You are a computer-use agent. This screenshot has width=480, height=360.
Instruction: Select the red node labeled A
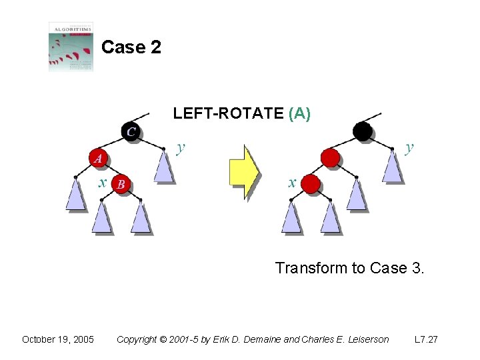pyautogui.click(x=98, y=158)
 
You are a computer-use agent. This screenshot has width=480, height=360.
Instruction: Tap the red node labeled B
pyautogui.click(x=121, y=184)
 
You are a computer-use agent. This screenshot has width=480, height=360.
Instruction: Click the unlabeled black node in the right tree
pyautogui.click(x=363, y=131)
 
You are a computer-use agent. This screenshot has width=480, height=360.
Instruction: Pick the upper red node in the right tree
pyautogui.click(x=330, y=158)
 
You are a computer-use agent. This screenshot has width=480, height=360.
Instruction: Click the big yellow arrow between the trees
pyautogui.click(x=243, y=173)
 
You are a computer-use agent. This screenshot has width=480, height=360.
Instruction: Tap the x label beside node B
pyautogui.click(x=103, y=182)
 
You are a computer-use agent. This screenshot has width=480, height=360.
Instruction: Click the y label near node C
pyautogui.click(x=180, y=147)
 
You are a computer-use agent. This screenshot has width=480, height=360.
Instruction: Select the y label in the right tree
pyautogui.click(x=409, y=147)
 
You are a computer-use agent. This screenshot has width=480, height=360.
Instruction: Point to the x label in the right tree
pyautogui.click(x=292, y=182)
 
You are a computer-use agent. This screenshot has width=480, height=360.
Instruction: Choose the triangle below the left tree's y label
pyautogui.click(x=164, y=167)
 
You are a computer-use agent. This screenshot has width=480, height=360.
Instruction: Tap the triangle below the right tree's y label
pyautogui.click(x=393, y=167)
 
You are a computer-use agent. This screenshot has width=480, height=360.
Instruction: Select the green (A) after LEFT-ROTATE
pyautogui.click(x=300, y=114)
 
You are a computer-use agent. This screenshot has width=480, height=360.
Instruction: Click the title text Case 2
pyautogui.click(x=131, y=47)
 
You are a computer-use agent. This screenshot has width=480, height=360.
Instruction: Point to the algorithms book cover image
pyautogui.click(x=71, y=47)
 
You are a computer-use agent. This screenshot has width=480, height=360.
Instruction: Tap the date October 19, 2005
pyautogui.click(x=58, y=339)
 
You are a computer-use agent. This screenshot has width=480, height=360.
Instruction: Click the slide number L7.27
pyautogui.click(x=426, y=339)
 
